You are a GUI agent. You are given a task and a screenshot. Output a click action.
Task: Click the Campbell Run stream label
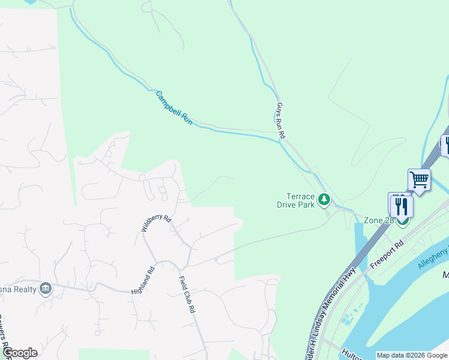tap(173, 108)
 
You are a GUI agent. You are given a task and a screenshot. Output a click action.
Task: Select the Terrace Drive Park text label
tap(296, 200)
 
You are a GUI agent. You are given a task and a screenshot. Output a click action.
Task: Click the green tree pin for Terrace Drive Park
tap(324, 199)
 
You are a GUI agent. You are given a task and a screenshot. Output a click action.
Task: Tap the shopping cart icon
tap(419, 179)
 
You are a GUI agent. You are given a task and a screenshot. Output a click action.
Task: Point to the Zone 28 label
tap(378, 220)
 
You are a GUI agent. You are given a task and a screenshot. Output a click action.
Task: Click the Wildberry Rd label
tap(156, 223)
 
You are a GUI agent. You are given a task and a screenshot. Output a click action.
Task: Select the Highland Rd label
tap(143, 280)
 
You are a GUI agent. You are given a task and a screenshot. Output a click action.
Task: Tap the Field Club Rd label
tap(188, 295)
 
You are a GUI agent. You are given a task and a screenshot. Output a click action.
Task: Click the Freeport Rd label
tap(388, 254)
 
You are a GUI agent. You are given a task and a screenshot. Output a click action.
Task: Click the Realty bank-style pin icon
tap(45, 289)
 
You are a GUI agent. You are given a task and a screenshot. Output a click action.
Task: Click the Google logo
tap(20, 353)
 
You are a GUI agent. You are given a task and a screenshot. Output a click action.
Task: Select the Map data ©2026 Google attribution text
tap(412, 355)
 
